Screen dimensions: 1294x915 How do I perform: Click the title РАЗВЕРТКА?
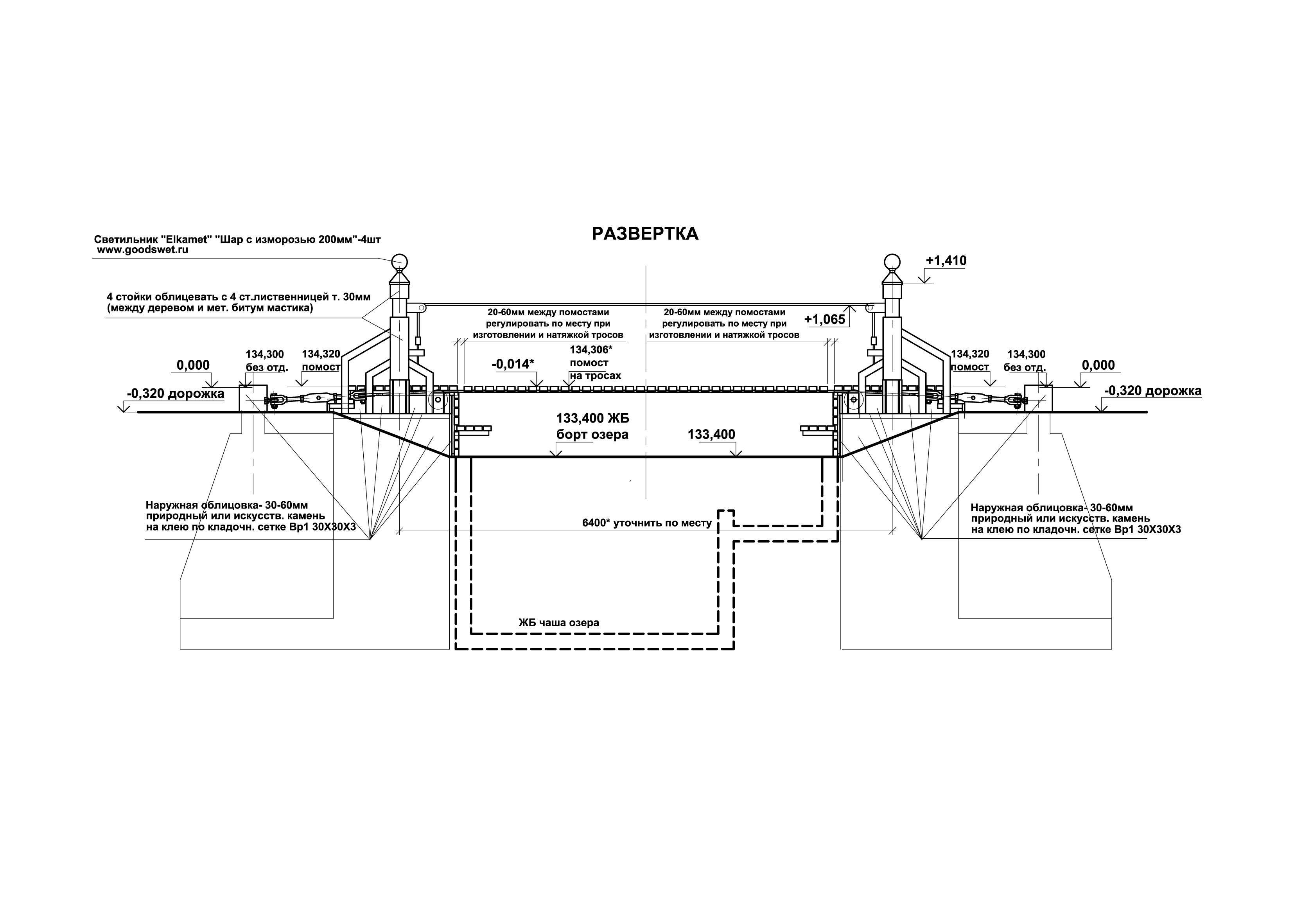point(645,234)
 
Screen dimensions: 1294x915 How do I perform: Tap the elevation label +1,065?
point(824,320)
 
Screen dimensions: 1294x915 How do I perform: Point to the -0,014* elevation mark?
point(513,364)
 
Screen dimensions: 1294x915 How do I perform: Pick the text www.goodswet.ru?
point(143,250)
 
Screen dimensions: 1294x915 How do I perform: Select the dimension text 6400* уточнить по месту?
point(647,523)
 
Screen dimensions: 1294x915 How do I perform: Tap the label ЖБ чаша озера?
point(558,623)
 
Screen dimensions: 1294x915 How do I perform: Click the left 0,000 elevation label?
point(193,365)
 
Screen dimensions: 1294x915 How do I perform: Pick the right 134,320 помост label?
point(970,360)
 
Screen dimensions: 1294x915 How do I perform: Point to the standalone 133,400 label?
point(711,434)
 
